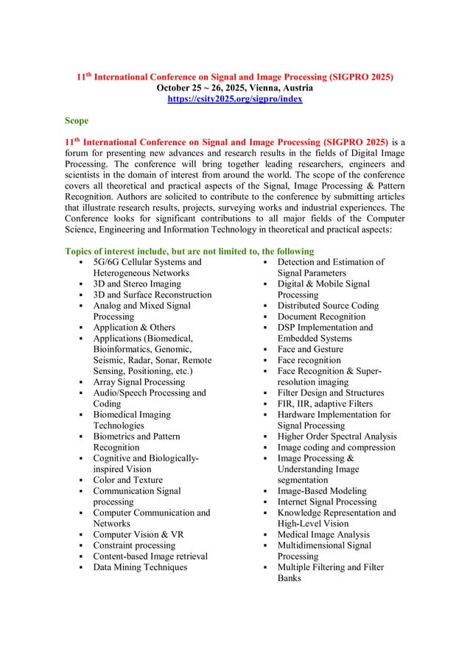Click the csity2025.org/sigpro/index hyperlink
click(x=235, y=98)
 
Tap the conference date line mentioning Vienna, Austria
click(x=235, y=87)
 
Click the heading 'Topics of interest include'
click(x=189, y=250)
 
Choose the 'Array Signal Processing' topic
click(x=139, y=381)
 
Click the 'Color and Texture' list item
click(x=127, y=479)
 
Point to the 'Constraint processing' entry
click(x=134, y=545)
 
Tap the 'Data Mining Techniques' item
click(x=140, y=567)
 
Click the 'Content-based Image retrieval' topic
click(x=150, y=556)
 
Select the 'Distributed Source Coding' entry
click(x=328, y=306)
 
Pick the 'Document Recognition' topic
click(x=321, y=317)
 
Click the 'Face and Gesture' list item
click(x=310, y=349)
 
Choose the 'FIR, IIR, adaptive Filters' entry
click(x=326, y=404)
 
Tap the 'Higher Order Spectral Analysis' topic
click(x=336, y=436)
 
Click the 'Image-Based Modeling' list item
click(x=319, y=490)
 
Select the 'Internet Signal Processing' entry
click(x=326, y=502)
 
